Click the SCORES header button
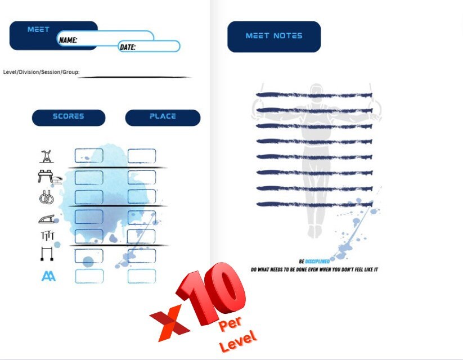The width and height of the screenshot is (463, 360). pyautogui.click(x=69, y=118)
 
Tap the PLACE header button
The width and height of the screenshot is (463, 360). pyautogui.click(x=163, y=118)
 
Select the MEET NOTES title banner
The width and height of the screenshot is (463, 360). pyautogui.click(x=274, y=37)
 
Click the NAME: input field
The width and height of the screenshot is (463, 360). pyautogui.click(x=105, y=38)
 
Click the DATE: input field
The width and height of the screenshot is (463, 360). pyautogui.click(x=149, y=46)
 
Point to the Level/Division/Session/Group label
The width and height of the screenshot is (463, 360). pyautogui.click(x=41, y=72)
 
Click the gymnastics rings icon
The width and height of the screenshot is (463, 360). pyautogui.click(x=46, y=197)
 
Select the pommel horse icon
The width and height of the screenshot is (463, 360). pyautogui.click(x=50, y=177)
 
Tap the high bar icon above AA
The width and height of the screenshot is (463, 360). pyautogui.click(x=47, y=254)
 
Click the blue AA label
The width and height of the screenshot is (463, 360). pyautogui.click(x=48, y=276)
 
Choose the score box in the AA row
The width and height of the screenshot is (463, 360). pyautogui.click(x=89, y=276)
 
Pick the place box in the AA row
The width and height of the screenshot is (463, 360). pyautogui.click(x=142, y=276)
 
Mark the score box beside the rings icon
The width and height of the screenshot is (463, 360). pyautogui.click(x=89, y=197)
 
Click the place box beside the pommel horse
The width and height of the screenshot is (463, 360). pyautogui.click(x=142, y=178)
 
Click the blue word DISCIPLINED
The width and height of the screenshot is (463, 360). pyautogui.click(x=317, y=262)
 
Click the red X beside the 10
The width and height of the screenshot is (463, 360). pyautogui.click(x=170, y=323)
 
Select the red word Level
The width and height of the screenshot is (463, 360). pyautogui.click(x=238, y=341)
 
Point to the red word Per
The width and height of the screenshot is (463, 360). pyautogui.click(x=230, y=323)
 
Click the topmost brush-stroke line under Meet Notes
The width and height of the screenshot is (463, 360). pyautogui.click(x=314, y=95)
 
